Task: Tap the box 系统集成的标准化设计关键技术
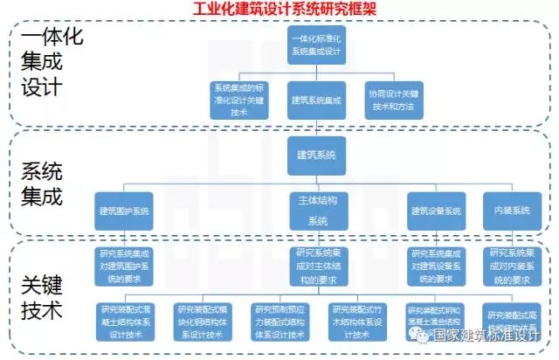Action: [x=237, y=100]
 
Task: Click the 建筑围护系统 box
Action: [x=124, y=211]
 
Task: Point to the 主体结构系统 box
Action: [x=316, y=211]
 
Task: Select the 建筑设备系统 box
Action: [x=436, y=211]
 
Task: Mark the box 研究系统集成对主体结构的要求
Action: [x=316, y=267]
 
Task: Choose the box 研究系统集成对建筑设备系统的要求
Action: [x=436, y=267]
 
